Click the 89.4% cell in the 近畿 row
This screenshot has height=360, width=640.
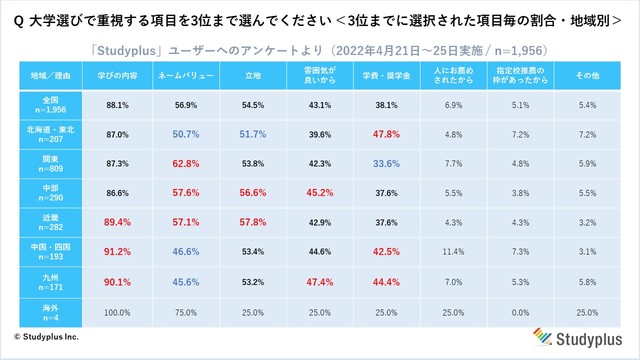pyautogui.click(x=112, y=221)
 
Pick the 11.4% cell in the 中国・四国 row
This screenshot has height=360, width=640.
pyautogui.click(x=452, y=251)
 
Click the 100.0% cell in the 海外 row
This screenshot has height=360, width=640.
pyautogui.click(x=112, y=312)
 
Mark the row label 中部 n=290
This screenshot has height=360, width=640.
pyautogui.click(x=47, y=192)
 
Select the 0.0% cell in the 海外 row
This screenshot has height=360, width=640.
pyautogui.click(x=520, y=312)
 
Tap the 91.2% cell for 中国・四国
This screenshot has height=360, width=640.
pyautogui.click(x=112, y=251)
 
